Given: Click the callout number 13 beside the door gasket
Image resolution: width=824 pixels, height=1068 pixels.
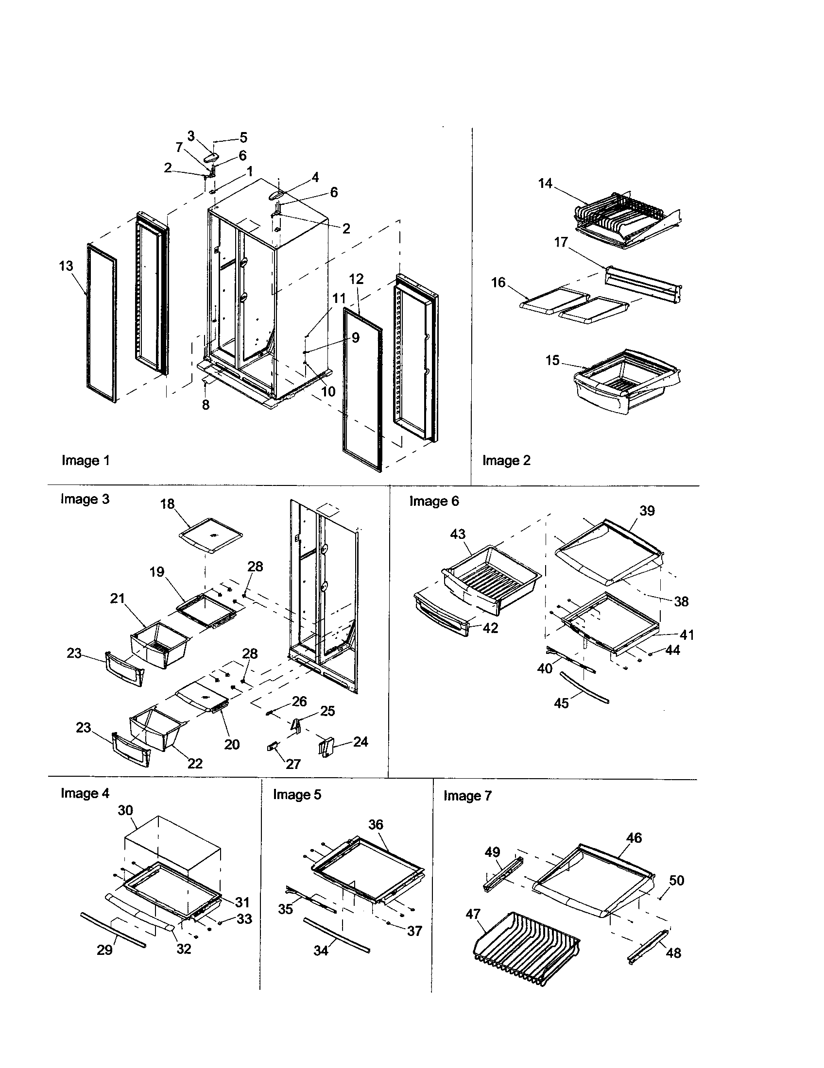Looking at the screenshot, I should pos(66,266).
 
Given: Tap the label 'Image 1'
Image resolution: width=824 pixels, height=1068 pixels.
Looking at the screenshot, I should pos(86,460).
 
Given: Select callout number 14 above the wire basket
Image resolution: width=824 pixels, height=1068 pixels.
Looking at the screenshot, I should pos(545,184).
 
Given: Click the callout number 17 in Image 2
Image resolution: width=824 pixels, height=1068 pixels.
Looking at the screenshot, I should pos(561,242).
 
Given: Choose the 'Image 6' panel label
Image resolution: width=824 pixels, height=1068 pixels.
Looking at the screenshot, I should pos(434,501).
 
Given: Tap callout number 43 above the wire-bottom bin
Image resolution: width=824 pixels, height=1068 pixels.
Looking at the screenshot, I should pos(458,534).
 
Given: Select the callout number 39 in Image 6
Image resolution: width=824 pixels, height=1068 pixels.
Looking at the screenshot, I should pos(647,511).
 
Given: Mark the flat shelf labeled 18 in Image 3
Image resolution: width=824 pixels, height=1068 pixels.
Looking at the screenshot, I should pos(211,535).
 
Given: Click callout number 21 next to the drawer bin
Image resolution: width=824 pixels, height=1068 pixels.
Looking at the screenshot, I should pos(118,598).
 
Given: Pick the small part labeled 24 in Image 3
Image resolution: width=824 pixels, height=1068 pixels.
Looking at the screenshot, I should pos(326,747).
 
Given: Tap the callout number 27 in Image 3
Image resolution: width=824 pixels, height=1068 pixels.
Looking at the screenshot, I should pos(293,764).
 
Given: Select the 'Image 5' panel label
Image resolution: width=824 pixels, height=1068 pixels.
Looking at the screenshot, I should pos(297,795).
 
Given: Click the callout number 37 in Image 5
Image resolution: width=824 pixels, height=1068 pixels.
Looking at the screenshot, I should pos(414,931).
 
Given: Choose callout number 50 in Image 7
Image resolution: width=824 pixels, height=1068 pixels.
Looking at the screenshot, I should pos(676,880).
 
